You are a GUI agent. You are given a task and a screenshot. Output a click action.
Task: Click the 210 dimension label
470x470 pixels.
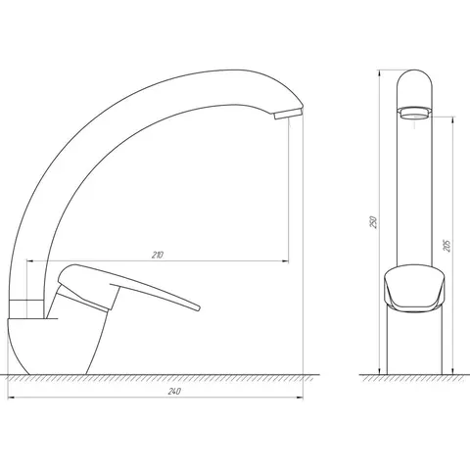(x=158, y=255)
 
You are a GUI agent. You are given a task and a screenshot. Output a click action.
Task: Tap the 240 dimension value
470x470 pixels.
(x=174, y=392)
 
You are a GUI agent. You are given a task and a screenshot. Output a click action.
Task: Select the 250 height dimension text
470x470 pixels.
(x=374, y=222)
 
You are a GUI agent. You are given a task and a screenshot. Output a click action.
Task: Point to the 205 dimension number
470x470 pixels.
(x=446, y=246)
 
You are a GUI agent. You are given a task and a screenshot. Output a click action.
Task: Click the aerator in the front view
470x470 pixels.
(x=414, y=114)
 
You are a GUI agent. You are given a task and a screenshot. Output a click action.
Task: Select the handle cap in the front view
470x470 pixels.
(x=414, y=288)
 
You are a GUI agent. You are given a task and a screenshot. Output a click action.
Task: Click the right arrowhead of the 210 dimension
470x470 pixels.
(x=285, y=261)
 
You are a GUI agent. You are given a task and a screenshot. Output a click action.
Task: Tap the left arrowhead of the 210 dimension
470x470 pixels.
(x=30, y=261)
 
